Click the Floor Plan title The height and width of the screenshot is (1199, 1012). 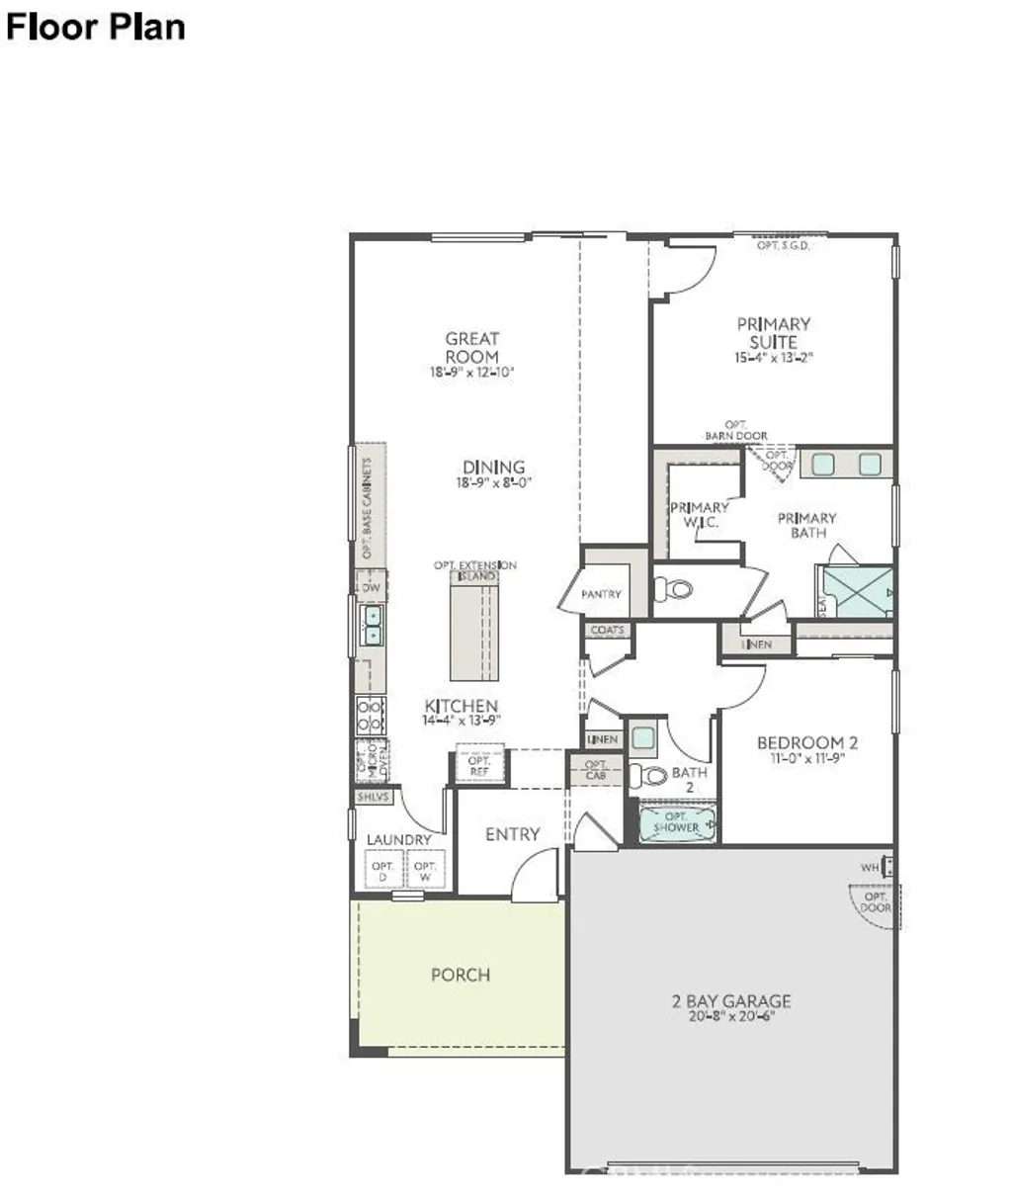click(95, 27)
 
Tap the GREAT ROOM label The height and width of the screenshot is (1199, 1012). click(472, 347)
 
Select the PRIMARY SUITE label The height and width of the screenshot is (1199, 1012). click(774, 332)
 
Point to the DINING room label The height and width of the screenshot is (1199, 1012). click(494, 468)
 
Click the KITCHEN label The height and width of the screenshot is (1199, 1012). click(462, 706)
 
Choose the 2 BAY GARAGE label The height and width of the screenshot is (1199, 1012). click(731, 1001)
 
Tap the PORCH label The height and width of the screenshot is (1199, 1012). click(461, 975)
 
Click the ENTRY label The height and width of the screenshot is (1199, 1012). click(512, 834)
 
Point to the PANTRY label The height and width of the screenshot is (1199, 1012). click(601, 594)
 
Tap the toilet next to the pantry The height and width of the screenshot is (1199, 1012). click(674, 590)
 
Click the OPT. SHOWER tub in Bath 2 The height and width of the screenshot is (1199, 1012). click(677, 823)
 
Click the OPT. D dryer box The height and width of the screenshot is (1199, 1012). click(381, 871)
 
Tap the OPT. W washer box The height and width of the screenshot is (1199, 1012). click(425, 871)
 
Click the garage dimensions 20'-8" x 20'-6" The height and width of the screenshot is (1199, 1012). click(731, 1017)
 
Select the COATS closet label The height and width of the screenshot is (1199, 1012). click(607, 630)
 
